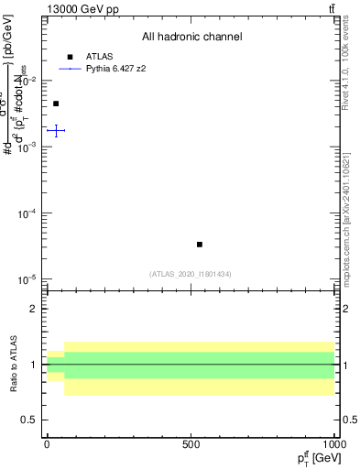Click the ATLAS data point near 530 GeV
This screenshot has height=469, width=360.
coord(200,245)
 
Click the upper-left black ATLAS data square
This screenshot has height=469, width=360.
coord(56,104)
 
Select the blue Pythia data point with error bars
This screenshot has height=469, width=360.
coord(56,131)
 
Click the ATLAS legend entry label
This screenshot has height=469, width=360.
coord(99,56)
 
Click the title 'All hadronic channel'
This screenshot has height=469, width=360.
coord(191,38)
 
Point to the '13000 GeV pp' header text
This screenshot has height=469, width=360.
coord(82,9)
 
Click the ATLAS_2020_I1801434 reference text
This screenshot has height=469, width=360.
coord(191,274)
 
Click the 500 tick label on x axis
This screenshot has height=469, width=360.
coord(191,443)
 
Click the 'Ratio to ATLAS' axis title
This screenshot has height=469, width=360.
coord(14,364)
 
